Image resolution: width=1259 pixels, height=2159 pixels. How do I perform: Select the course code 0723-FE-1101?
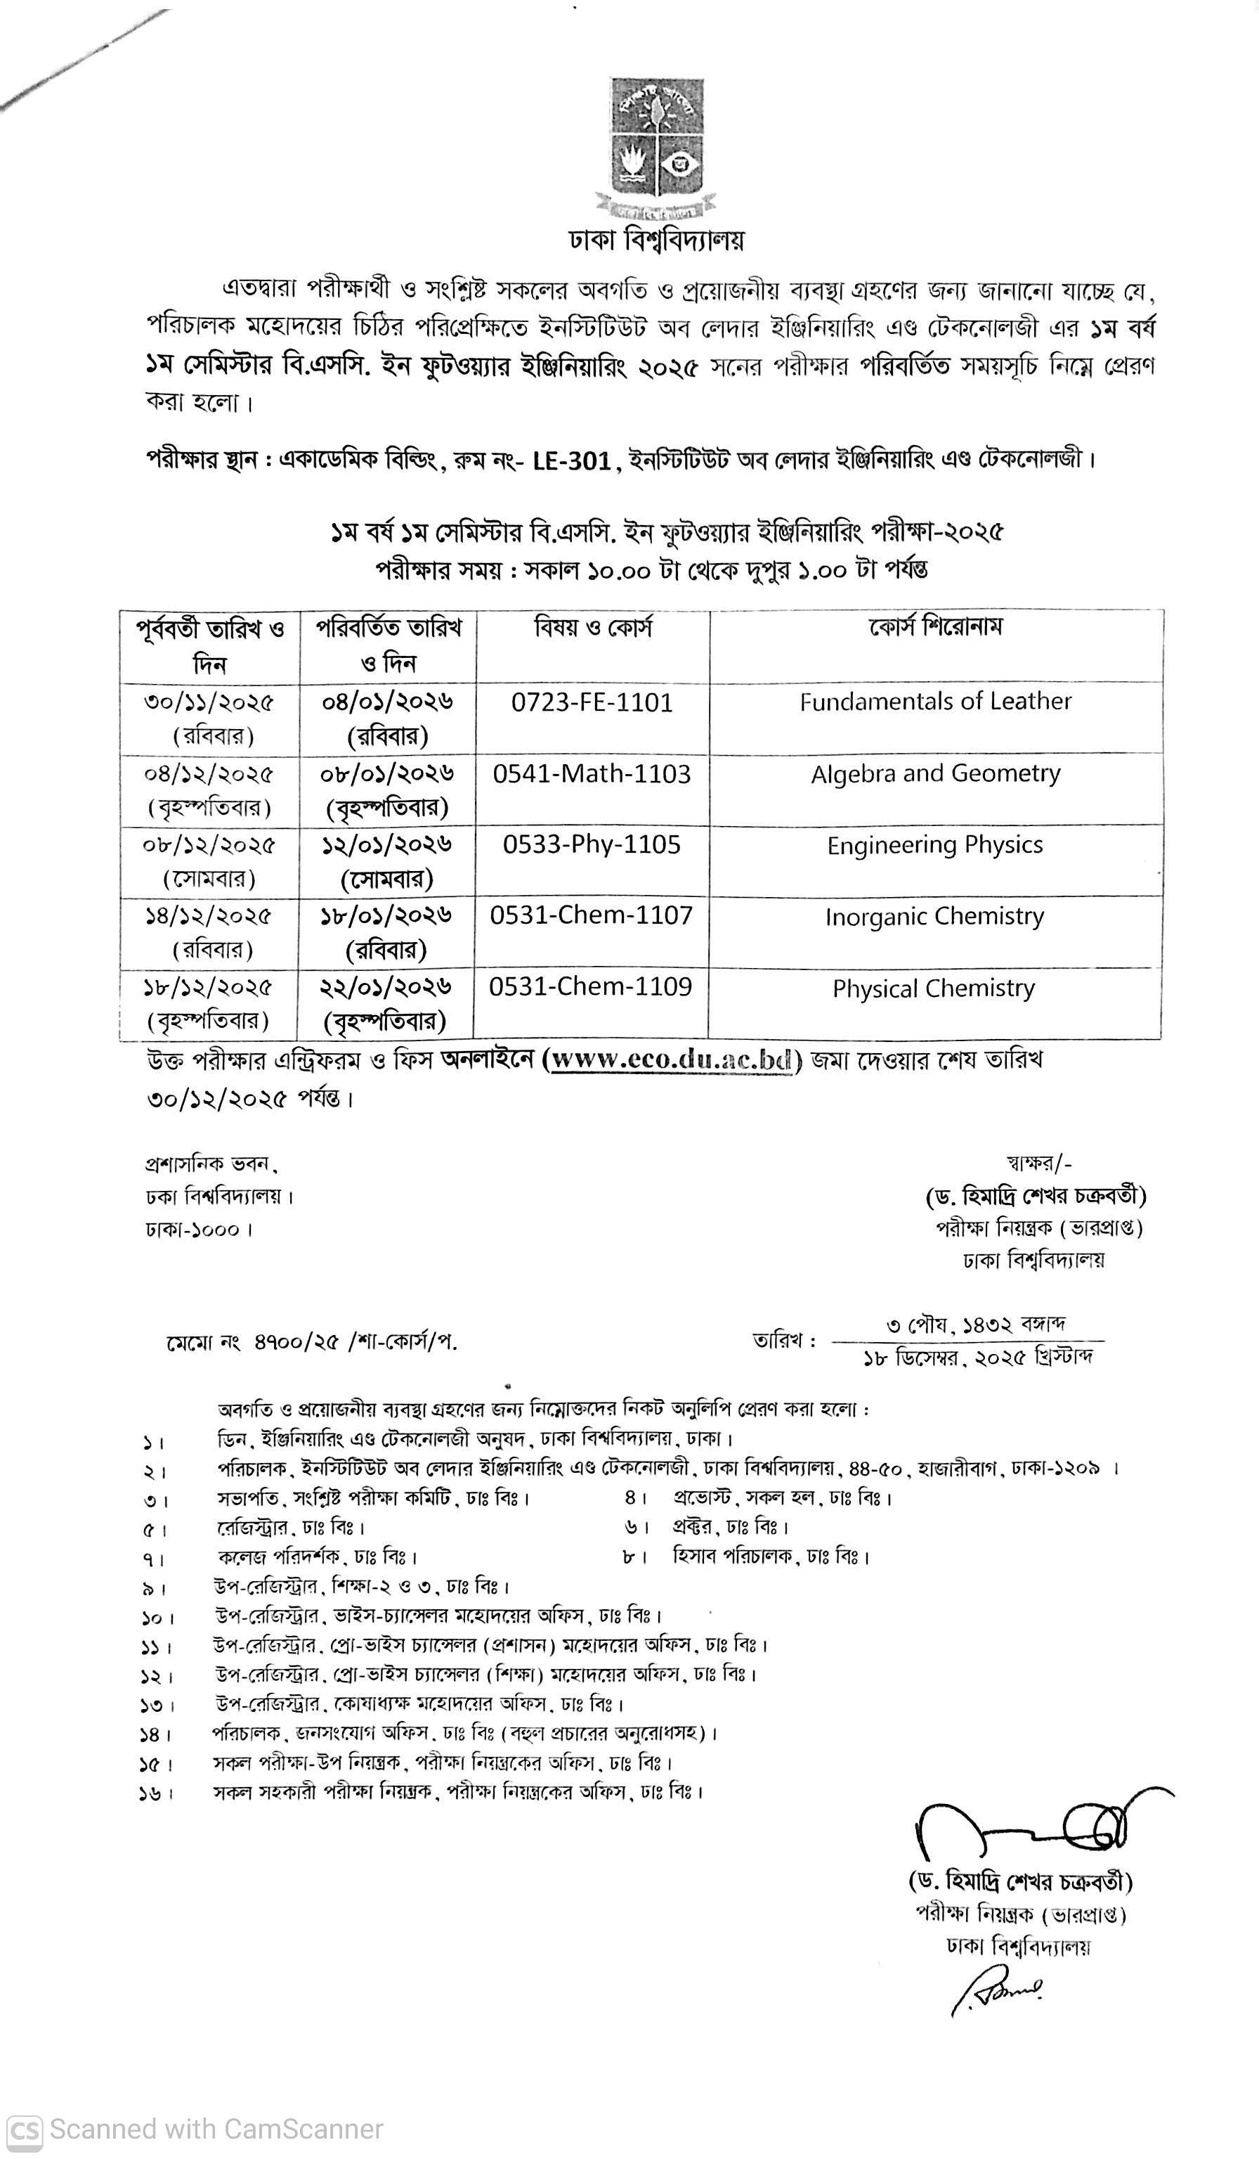(x=592, y=702)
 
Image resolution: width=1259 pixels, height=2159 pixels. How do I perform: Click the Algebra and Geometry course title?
(x=935, y=773)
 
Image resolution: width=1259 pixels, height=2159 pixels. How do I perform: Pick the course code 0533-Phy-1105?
(x=592, y=845)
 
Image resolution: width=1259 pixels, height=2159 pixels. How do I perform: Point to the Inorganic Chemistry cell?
(x=934, y=917)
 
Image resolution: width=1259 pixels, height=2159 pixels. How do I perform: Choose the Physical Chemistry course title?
(x=934, y=988)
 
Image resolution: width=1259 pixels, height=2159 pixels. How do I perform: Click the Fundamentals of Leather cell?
(x=935, y=702)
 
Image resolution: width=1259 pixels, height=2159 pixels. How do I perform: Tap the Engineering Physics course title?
(x=934, y=846)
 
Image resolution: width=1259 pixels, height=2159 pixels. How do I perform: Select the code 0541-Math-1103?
(x=592, y=773)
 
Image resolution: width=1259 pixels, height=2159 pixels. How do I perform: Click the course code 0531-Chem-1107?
(x=591, y=915)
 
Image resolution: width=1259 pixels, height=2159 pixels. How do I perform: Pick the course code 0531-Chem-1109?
(x=590, y=986)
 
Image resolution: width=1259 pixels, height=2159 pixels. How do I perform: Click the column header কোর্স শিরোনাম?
(x=935, y=626)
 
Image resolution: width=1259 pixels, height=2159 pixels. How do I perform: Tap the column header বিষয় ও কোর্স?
(x=593, y=628)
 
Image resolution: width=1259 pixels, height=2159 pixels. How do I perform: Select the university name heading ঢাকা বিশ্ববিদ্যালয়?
(x=657, y=240)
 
